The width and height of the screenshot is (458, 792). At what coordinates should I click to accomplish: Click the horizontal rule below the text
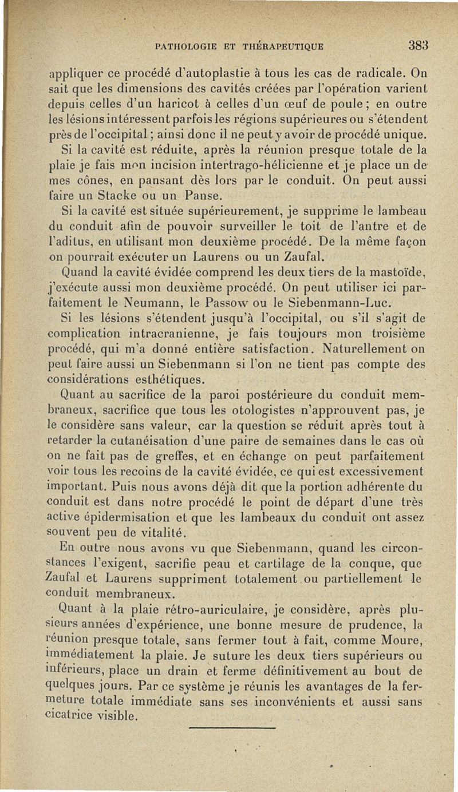tap(232, 727)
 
